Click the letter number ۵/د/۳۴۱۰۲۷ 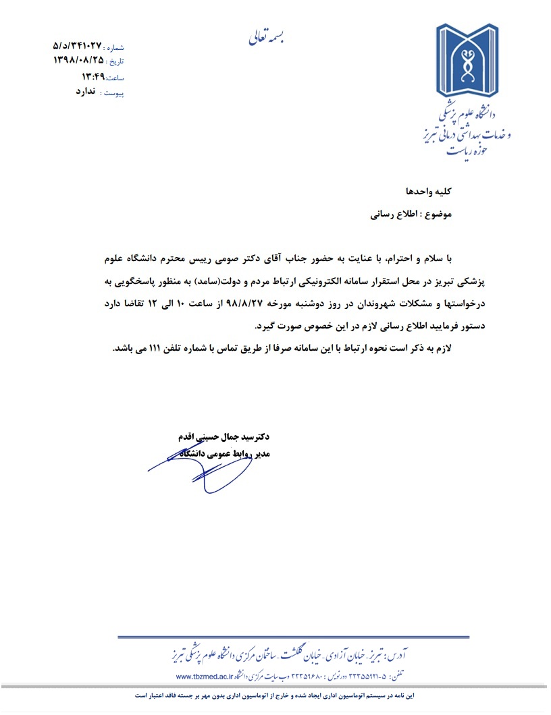click(77, 46)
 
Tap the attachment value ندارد click(88, 91)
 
